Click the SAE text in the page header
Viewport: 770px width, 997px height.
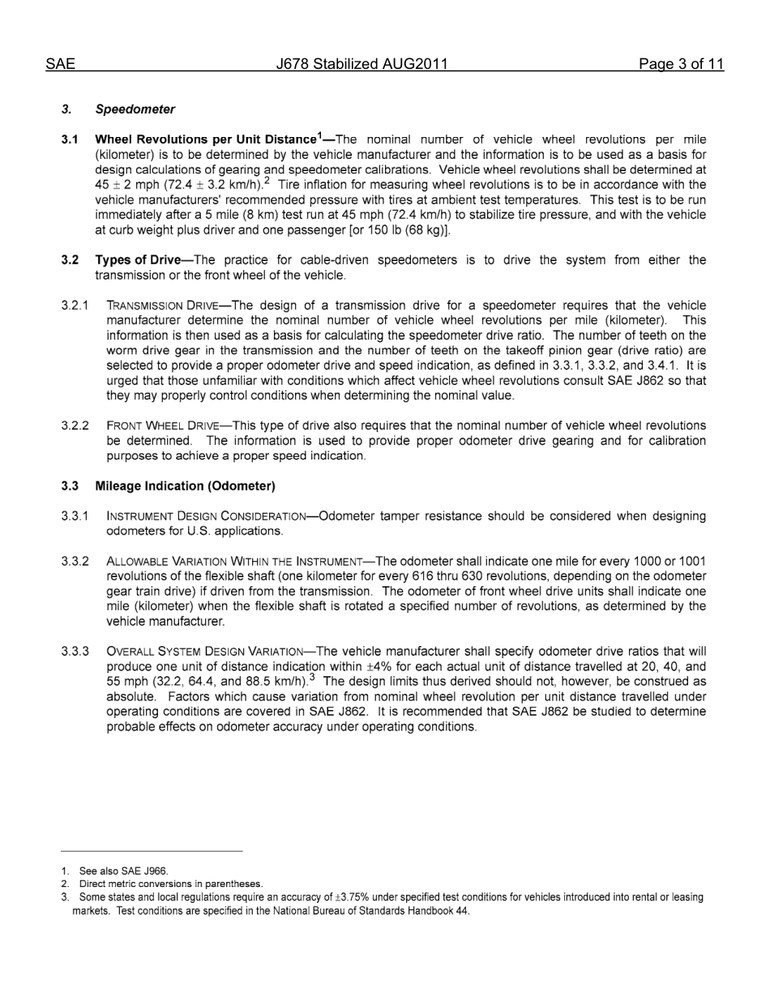click(60, 65)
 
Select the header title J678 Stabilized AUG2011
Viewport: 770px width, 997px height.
click(361, 65)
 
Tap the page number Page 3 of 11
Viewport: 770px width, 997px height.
click(680, 65)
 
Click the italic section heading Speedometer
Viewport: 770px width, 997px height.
click(135, 109)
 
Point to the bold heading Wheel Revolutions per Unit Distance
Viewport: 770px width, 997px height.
click(205, 139)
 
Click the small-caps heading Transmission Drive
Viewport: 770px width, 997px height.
click(162, 306)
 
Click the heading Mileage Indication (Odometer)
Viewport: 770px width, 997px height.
click(185, 486)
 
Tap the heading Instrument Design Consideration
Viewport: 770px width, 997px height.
click(206, 516)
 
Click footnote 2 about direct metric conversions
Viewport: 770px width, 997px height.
click(170, 884)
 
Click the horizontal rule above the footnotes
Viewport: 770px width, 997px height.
click(152, 851)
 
